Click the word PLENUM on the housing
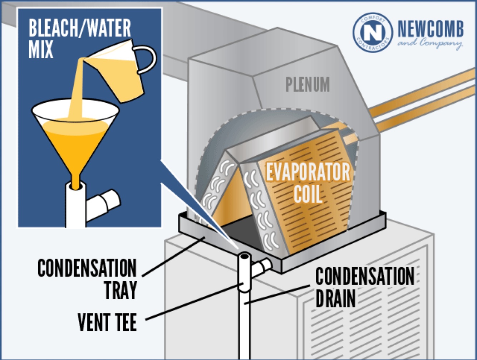coord(308,85)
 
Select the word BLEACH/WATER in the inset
coord(80,28)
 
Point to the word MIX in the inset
coord(41,49)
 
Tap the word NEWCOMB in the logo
coord(431,29)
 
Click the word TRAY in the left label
coord(121,290)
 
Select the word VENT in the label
coord(91,322)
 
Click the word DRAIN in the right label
coord(335,298)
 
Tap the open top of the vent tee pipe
coord(245,257)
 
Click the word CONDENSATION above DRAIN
coord(365,276)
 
